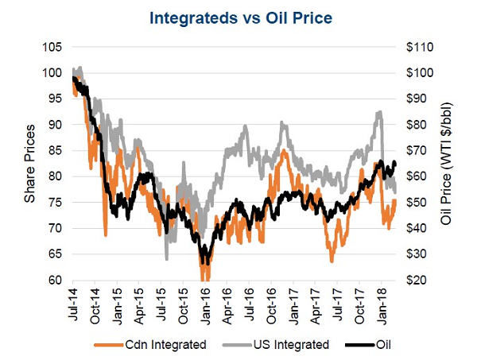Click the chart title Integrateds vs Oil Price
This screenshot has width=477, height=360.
[x=238, y=16]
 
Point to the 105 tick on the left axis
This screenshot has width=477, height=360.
[x=52, y=47]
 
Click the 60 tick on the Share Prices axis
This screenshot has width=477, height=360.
[x=56, y=281]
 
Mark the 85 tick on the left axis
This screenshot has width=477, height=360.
[x=56, y=151]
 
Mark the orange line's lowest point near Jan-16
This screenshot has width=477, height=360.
[x=204, y=277]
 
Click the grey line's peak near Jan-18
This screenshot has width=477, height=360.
[x=378, y=111]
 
